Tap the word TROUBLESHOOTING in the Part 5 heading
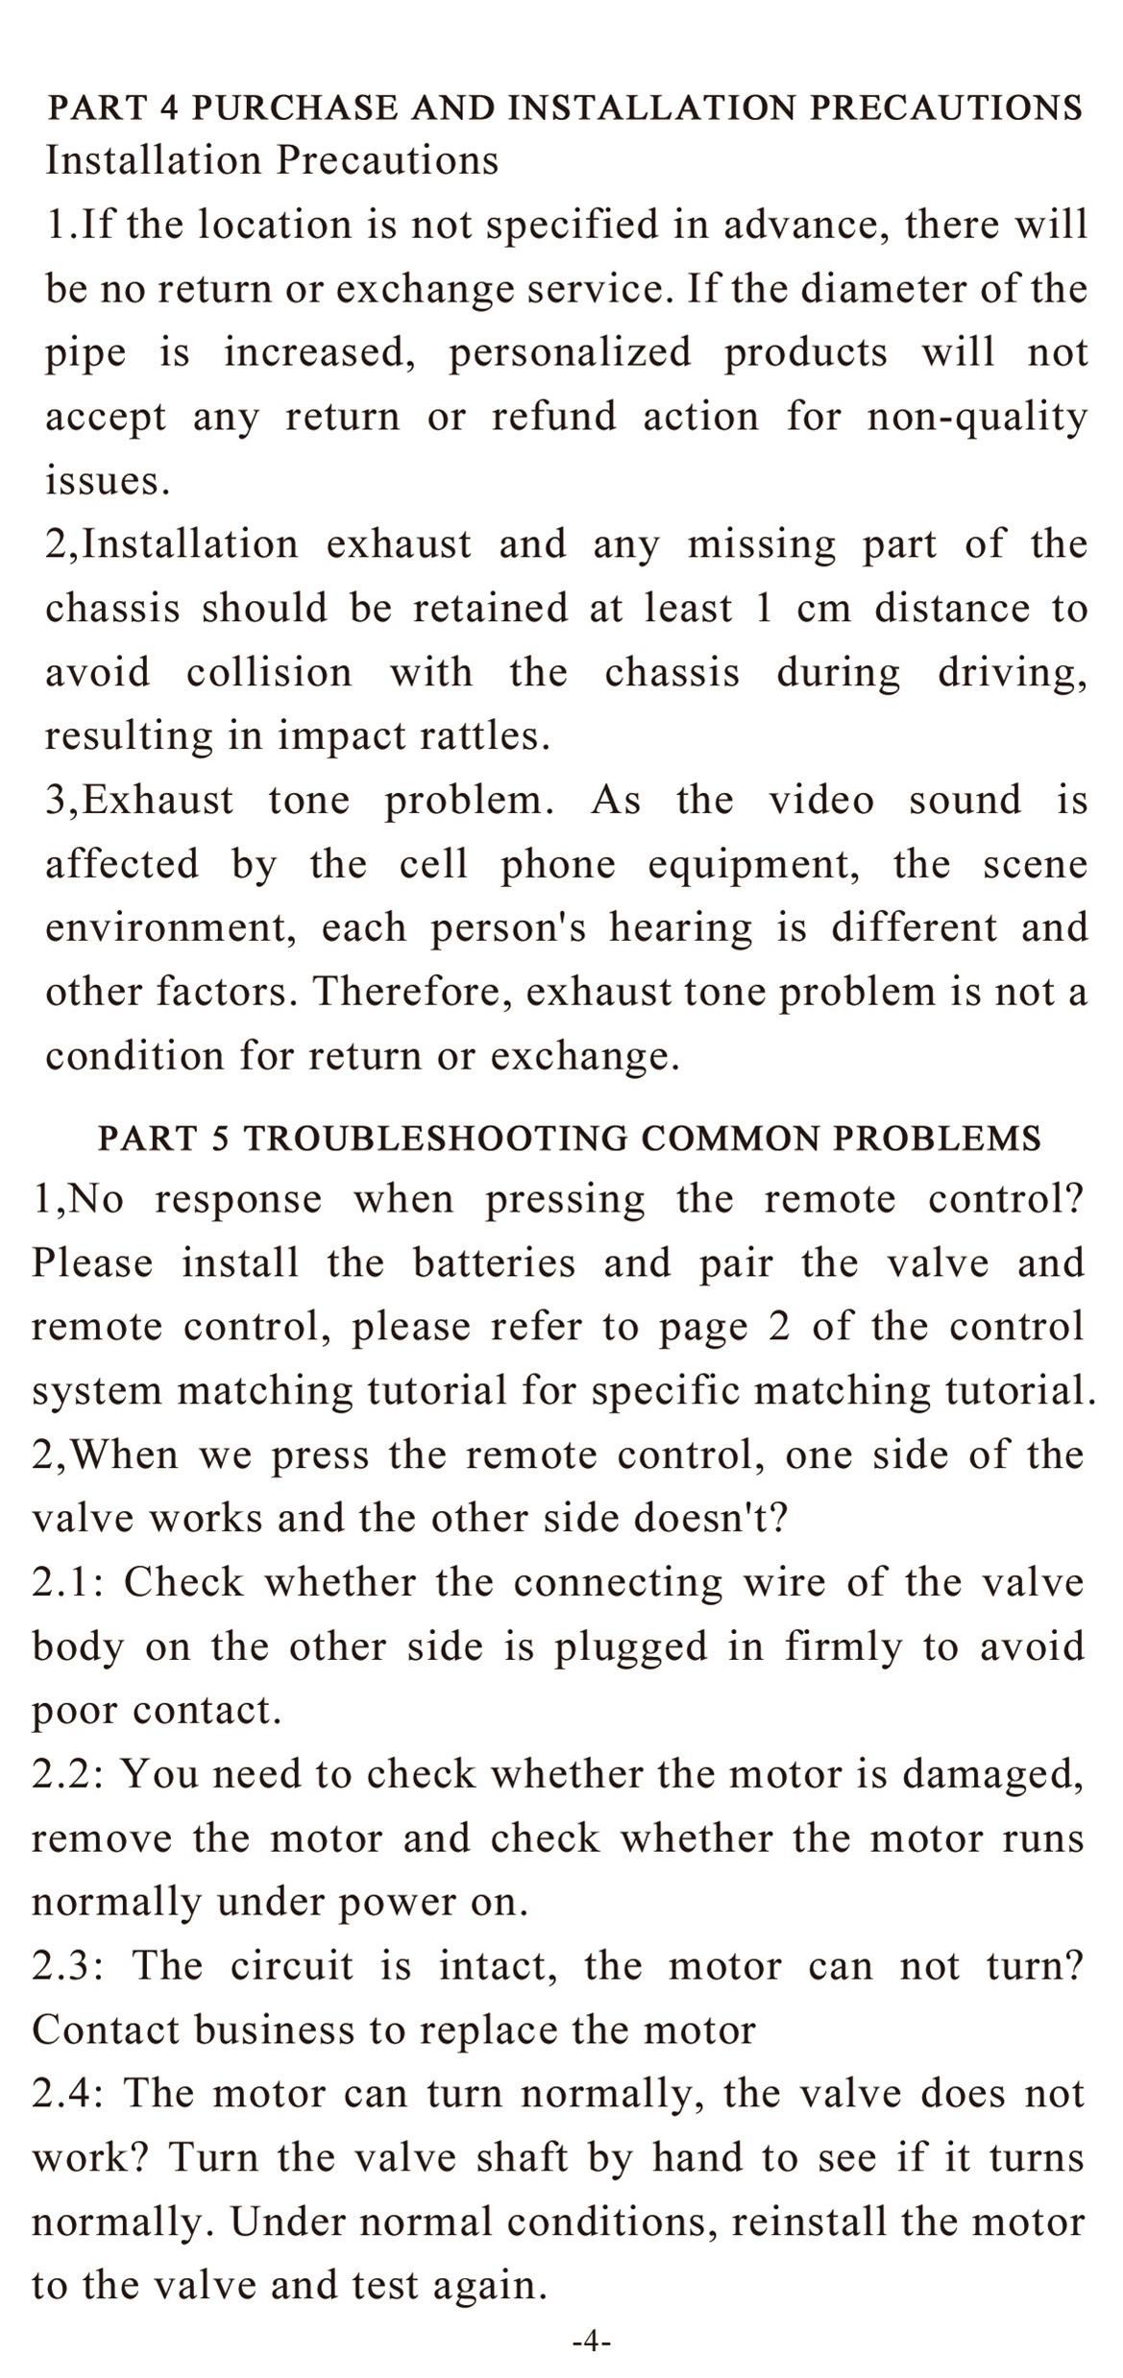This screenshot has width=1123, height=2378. (436, 1138)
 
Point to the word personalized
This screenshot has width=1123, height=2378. (570, 353)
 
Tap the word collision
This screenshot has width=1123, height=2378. (270, 672)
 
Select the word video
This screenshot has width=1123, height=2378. (821, 800)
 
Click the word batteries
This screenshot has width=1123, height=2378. (494, 1262)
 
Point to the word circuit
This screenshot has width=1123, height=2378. (292, 1966)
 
